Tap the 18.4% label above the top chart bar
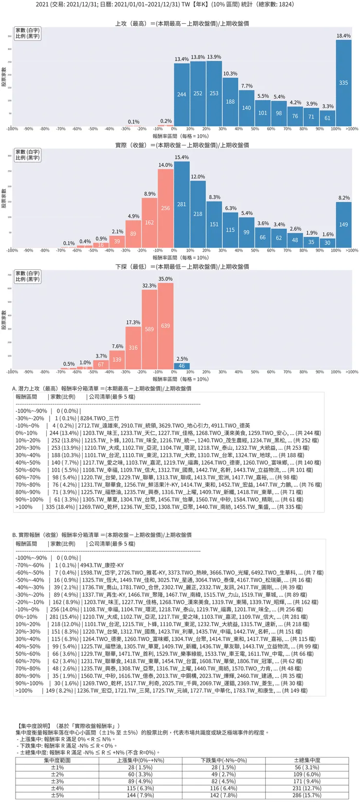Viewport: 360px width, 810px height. (343, 36)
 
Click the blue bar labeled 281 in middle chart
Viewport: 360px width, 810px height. (181, 204)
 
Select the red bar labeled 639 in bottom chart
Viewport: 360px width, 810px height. (165, 326)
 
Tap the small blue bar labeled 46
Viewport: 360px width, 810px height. (181, 366)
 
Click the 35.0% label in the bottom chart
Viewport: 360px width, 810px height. (165, 279)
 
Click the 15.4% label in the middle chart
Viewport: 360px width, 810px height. (181, 158)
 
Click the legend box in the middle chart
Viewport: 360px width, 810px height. (28, 155)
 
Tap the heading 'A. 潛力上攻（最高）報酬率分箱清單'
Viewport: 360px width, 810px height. (101, 388)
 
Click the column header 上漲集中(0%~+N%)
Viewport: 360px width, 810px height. (140, 760)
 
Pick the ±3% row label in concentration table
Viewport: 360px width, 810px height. (57, 781)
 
